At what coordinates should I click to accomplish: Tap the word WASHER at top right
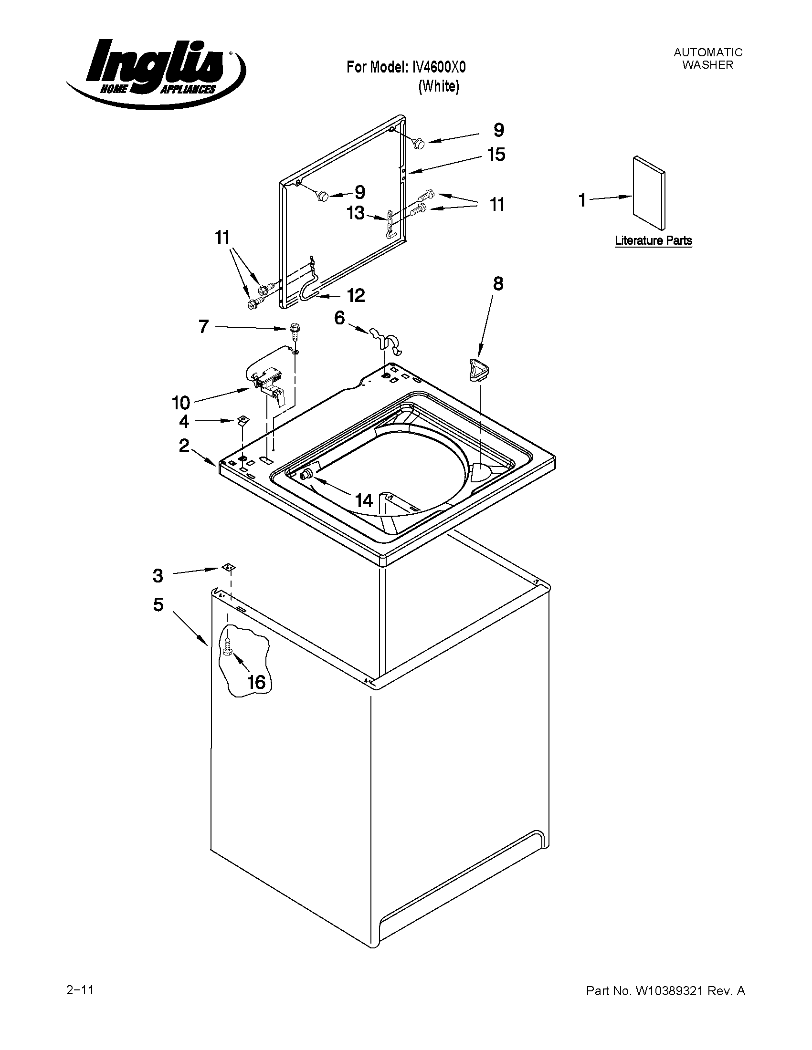(707, 65)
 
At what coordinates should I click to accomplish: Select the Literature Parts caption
(653, 240)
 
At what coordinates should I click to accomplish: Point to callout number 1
(582, 199)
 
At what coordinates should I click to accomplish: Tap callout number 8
(497, 284)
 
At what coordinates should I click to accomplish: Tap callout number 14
(364, 500)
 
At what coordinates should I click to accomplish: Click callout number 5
(158, 604)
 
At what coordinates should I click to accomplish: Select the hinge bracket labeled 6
(387, 339)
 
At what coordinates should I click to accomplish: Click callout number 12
(356, 295)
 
